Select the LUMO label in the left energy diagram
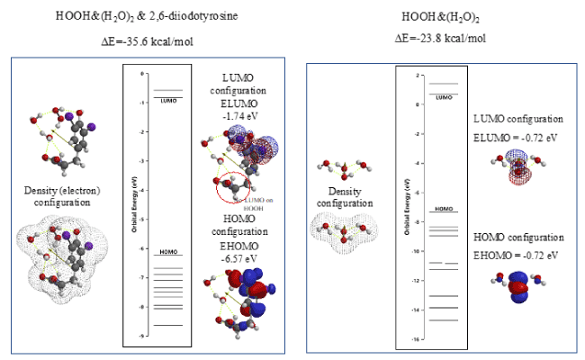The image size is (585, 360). [168, 99]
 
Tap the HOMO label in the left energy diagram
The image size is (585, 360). [168, 251]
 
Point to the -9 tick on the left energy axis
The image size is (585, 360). [130, 335]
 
